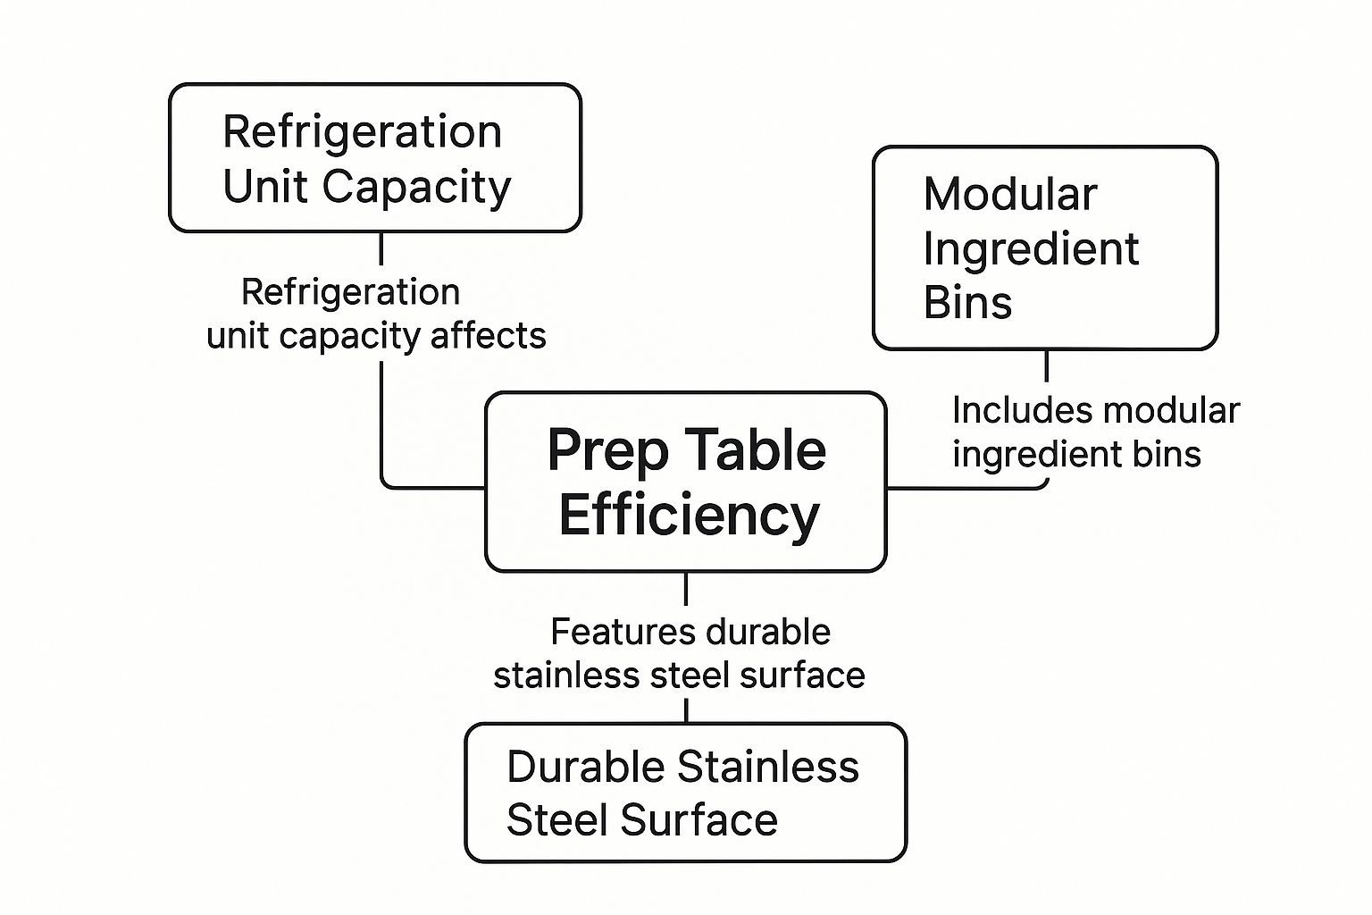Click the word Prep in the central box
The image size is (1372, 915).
[607, 451]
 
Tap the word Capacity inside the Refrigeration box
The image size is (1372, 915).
[416, 187]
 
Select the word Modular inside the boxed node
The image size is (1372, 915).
[1010, 194]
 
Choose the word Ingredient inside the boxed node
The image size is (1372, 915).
[1031, 248]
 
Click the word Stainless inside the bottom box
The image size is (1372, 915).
[768, 767]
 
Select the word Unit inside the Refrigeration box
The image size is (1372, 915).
[265, 187]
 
